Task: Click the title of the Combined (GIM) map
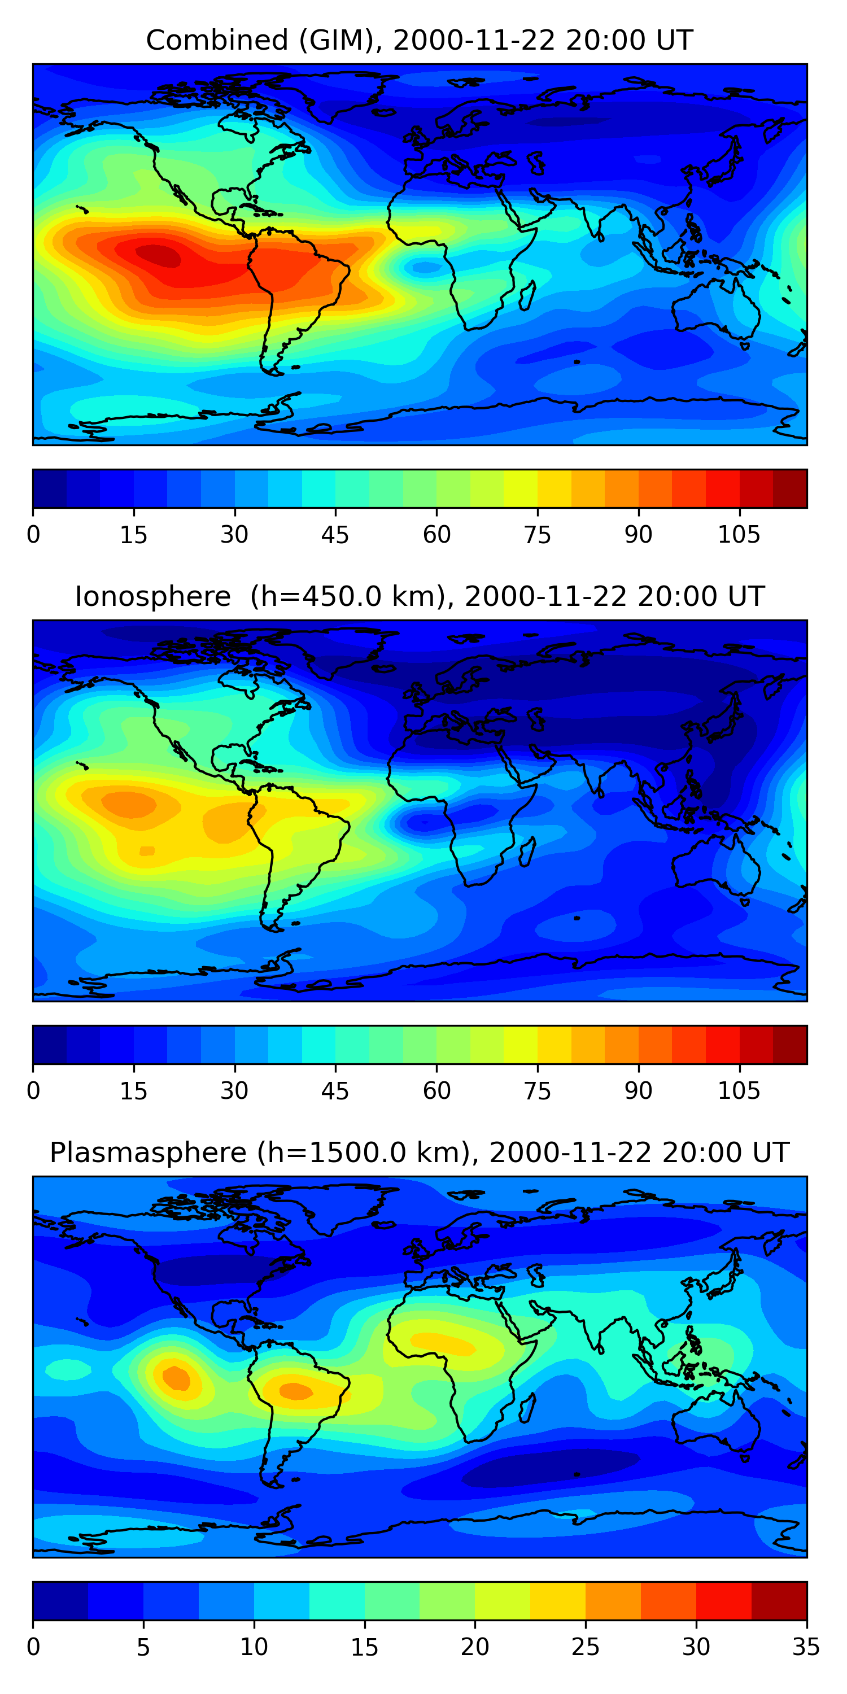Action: click(420, 40)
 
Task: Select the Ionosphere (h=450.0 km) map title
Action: click(420, 596)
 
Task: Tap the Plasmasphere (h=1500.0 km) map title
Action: click(420, 1153)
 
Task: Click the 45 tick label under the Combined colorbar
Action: click(335, 535)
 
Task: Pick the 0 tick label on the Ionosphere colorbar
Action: click(33, 1091)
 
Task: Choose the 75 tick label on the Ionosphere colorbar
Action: click(537, 1091)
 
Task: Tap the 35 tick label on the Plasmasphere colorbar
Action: click(806, 1647)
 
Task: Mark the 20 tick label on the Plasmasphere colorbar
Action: click(475, 1647)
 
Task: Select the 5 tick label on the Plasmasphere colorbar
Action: click(143, 1647)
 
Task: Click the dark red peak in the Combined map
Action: click(158, 254)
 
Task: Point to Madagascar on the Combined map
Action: click(527, 296)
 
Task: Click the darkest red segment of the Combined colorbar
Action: click(790, 488)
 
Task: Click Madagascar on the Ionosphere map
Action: click(527, 852)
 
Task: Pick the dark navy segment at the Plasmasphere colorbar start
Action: click(60, 1601)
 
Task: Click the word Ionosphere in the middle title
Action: click(152, 596)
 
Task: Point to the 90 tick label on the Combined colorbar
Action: click(638, 535)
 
